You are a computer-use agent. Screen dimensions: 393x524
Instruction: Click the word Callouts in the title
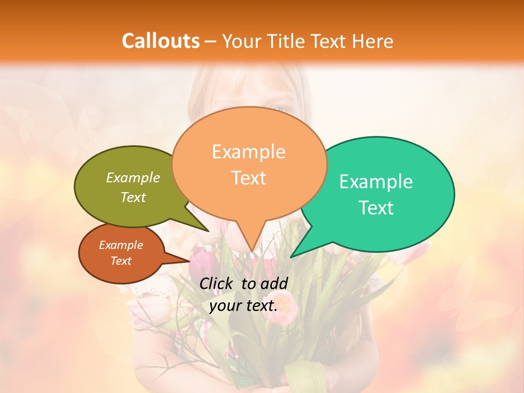(160, 41)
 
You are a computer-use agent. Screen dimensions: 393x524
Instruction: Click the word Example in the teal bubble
(376, 182)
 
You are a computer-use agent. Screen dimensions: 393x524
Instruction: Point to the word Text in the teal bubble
(377, 208)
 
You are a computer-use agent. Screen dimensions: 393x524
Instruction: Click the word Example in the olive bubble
(133, 178)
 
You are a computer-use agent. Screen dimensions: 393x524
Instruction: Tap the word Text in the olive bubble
(133, 197)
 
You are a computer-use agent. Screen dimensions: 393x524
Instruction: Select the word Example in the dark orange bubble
(121, 245)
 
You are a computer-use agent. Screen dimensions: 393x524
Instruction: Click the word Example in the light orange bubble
(248, 152)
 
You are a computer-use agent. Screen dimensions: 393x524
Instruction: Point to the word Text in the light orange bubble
(249, 178)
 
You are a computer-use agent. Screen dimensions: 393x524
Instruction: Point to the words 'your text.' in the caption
(243, 305)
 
